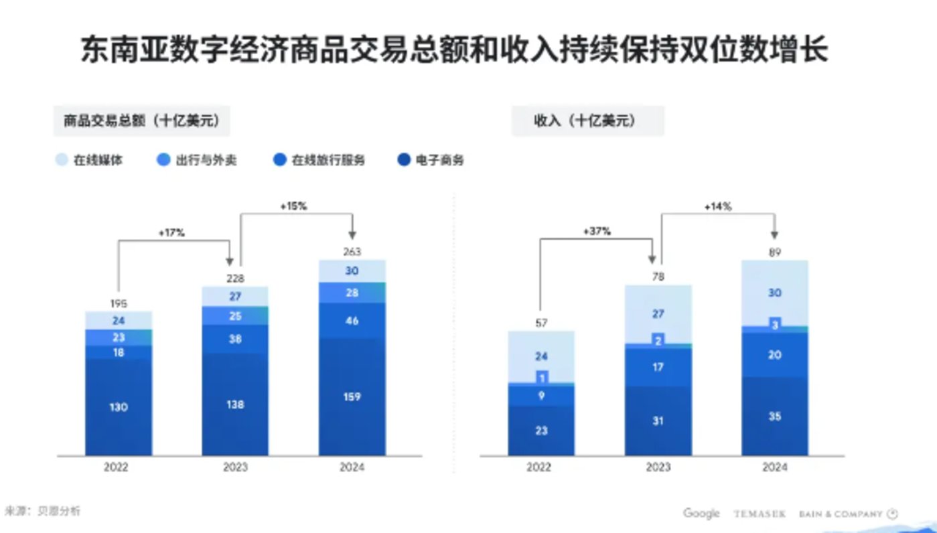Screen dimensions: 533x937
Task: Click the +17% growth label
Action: [x=171, y=232]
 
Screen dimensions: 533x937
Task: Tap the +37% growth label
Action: [x=597, y=231]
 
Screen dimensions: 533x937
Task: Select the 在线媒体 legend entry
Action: [x=90, y=161]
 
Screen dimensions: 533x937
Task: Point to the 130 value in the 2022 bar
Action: [x=119, y=406]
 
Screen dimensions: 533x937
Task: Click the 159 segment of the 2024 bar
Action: [x=352, y=396]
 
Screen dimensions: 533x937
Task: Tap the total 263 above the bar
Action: [x=352, y=252]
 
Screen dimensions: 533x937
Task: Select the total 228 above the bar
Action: [x=235, y=279]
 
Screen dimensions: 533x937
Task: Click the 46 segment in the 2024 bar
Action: [x=352, y=321]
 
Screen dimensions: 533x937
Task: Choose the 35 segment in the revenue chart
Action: [x=775, y=416]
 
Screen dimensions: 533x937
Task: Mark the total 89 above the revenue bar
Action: [x=775, y=252]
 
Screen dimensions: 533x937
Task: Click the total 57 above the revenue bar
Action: [x=541, y=323]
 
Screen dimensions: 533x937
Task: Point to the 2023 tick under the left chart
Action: [x=235, y=467]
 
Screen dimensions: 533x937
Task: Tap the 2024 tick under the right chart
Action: [x=775, y=467]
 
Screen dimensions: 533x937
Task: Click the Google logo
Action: [x=701, y=514]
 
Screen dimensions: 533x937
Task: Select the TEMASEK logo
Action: [x=760, y=514]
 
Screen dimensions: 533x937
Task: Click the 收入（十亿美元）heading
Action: [x=587, y=121]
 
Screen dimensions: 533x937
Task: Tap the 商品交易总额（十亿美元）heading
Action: [x=141, y=121]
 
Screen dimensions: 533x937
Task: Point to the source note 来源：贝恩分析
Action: [x=42, y=511]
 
